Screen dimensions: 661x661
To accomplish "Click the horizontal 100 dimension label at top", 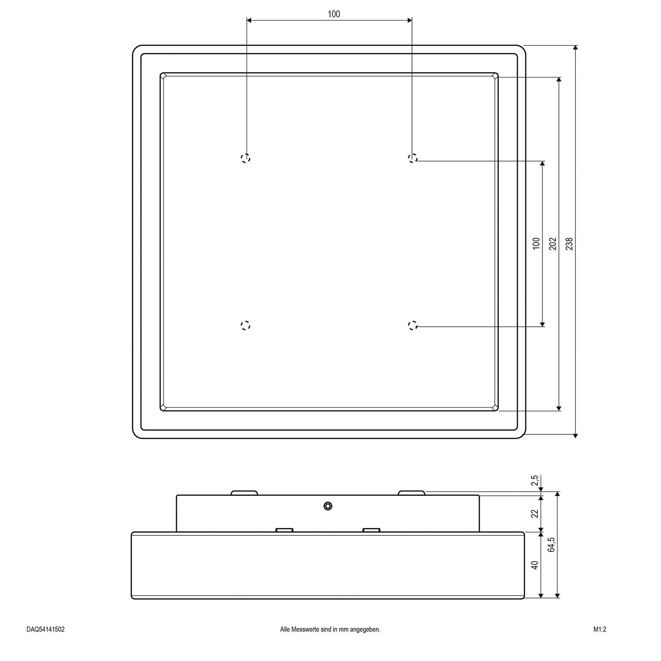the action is click(334, 14).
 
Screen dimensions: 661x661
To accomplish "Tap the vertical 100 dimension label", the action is click(536, 243).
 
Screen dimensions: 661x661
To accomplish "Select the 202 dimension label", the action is click(553, 243).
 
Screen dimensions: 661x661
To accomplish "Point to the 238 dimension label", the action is click(570, 243).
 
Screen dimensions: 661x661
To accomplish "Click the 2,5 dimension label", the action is click(535, 481).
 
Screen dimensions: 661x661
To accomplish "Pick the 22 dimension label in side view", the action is click(535, 514).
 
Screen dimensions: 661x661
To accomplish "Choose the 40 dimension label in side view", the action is click(535, 565).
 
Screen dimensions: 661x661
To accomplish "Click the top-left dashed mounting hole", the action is click(246, 158).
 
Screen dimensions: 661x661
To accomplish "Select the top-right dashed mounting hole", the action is click(412, 158).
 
